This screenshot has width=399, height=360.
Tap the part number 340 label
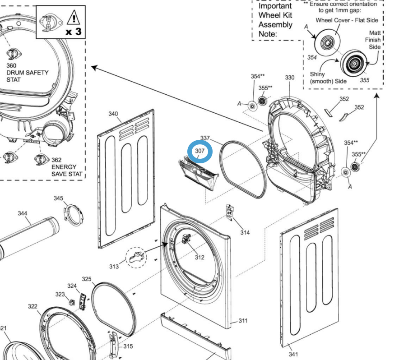(x=113, y=114)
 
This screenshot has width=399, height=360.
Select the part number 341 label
(x=293, y=354)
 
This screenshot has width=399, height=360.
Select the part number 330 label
(x=289, y=78)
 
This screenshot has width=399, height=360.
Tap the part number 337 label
(x=205, y=138)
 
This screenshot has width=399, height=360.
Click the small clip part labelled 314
(x=230, y=213)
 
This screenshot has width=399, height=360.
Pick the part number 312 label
(x=199, y=258)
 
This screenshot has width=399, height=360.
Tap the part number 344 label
(x=23, y=213)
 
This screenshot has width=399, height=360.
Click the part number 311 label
(x=243, y=321)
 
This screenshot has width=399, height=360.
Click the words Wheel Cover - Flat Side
(x=347, y=20)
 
